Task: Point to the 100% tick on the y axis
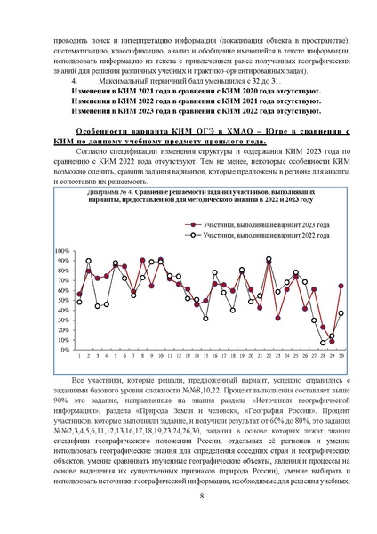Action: tap(62, 251)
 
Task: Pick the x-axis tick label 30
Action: tap(341, 357)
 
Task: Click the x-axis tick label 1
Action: tap(79, 357)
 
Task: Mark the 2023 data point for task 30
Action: tap(341, 286)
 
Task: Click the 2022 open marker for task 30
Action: tap(341, 313)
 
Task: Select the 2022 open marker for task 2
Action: tap(88, 261)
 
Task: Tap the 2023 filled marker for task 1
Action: tap(79, 294)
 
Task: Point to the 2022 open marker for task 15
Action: tap(205, 318)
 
